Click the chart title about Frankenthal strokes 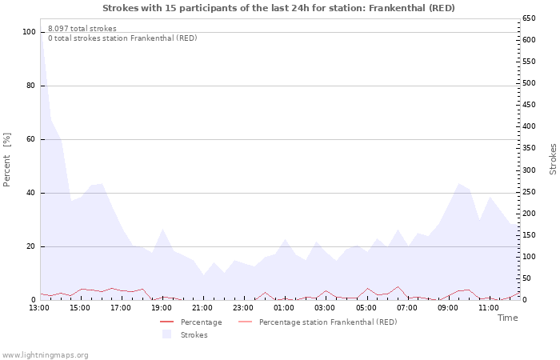[279, 8]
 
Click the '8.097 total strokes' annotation [82, 29]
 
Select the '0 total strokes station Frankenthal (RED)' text [122, 38]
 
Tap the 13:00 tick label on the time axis [39, 308]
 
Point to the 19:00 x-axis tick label [162, 308]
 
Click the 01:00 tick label [284, 308]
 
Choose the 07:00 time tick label [407, 308]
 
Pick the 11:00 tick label [489, 308]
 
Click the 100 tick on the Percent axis [29, 32]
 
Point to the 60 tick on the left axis [31, 139]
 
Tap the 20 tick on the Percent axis [31, 246]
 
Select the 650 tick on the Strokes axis [530, 18]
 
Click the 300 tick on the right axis [530, 170]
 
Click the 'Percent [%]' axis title [7, 161]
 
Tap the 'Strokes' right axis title [553, 159]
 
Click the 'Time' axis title [507, 318]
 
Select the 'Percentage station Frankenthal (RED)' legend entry [327, 322]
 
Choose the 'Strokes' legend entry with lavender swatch [193, 335]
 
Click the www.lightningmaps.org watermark [46, 354]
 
